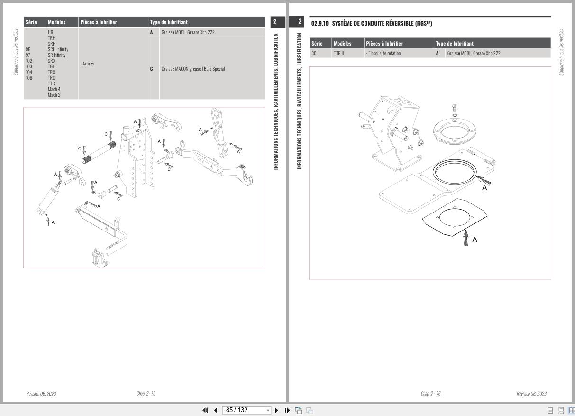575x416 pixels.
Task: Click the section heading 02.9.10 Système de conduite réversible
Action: pyautogui.click(x=372, y=24)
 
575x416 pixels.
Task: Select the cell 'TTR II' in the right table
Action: pyautogui.click(x=338, y=53)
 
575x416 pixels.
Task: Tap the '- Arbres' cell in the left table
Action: pyautogui.click(x=87, y=64)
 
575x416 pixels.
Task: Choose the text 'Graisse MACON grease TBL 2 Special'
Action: pyautogui.click(x=193, y=69)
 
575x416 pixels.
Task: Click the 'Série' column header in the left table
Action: pyautogui.click(x=31, y=22)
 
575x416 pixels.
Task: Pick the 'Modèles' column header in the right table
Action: pyautogui.click(x=342, y=44)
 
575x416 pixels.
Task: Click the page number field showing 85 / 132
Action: pyautogui.click(x=246, y=410)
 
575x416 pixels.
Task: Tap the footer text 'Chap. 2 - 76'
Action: pyautogui.click(x=430, y=394)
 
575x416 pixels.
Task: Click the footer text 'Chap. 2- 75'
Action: pyautogui.click(x=146, y=394)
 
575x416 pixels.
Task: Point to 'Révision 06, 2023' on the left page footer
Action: pyautogui.click(x=41, y=394)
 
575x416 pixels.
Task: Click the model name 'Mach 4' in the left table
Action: pyautogui.click(x=54, y=89)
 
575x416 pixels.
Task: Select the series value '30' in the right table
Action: pyautogui.click(x=314, y=53)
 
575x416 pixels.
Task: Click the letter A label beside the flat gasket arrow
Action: pyautogui.click(x=475, y=240)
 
